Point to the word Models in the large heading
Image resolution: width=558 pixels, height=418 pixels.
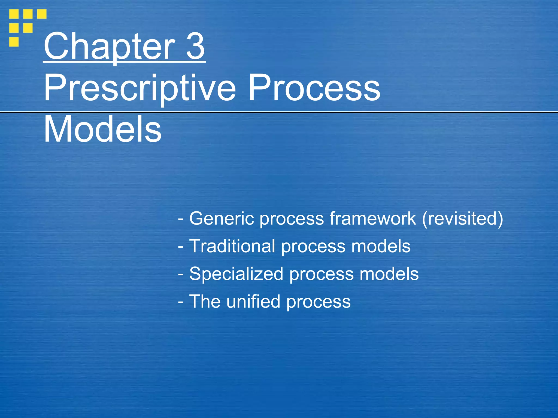(x=103, y=129)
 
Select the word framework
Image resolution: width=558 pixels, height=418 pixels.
(x=373, y=219)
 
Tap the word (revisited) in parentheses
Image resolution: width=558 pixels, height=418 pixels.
(x=462, y=219)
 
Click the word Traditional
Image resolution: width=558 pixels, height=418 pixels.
(x=232, y=246)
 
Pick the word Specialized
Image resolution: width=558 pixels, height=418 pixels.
(x=236, y=274)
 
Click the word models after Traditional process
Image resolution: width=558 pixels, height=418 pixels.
(x=381, y=246)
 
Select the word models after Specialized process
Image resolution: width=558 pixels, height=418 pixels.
(x=389, y=274)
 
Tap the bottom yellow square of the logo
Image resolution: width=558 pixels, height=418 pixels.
(x=14, y=42)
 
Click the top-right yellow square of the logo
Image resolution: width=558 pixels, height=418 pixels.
(x=42, y=14)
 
